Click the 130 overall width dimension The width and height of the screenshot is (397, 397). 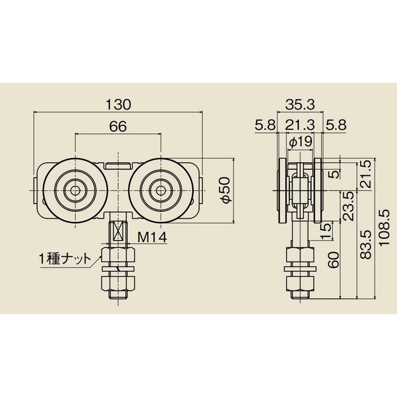click(x=118, y=104)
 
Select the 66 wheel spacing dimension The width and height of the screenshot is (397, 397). click(x=118, y=126)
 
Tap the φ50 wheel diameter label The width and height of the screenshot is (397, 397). click(x=225, y=190)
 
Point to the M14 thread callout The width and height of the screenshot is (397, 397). click(x=152, y=237)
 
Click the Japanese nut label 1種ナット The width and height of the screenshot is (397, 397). click(x=65, y=259)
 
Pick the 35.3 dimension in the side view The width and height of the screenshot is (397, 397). click(x=300, y=104)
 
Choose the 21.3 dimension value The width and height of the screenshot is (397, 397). click(x=300, y=125)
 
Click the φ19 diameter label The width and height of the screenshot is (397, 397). click(x=301, y=142)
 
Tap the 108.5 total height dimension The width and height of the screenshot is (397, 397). click(x=384, y=227)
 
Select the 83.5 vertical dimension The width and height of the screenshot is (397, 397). click(x=366, y=244)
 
